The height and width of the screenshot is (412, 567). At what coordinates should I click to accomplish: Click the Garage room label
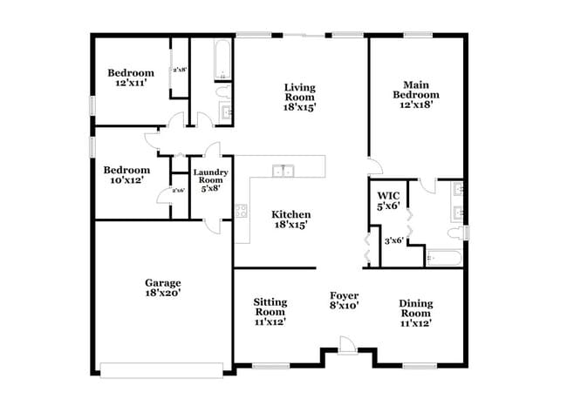(x=163, y=288)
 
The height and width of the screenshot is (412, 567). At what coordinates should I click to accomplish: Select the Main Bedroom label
(x=415, y=95)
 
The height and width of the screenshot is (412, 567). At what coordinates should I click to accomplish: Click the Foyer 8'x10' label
(x=344, y=301)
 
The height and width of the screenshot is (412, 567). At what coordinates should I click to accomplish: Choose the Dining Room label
(x=415, y=313)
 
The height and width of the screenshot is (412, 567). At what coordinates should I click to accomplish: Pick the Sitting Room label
(x=270, y=311)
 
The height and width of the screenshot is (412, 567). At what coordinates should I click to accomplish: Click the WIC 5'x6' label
(x=387, y=201)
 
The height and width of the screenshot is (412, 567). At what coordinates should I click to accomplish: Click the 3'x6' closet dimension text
(x=394, y=240)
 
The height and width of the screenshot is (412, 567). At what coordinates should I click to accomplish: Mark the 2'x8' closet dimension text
(x=180, y=70)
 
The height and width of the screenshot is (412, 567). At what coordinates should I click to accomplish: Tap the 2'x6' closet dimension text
(x=178, y=190)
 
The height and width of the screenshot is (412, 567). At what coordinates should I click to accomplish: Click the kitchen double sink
(x=283, y=171)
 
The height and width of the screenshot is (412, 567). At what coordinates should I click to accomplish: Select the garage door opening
(x=165, y=367)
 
